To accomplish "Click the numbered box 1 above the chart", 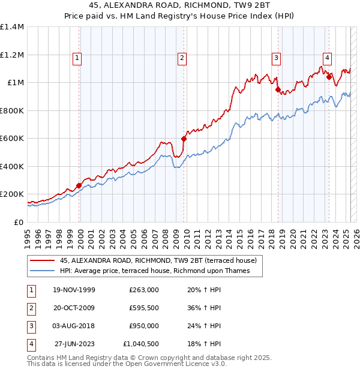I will click(78, 58).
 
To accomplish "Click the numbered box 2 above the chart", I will click(182, 58).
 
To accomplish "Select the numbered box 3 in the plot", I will click(276, 58).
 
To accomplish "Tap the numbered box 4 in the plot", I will click(328, 58).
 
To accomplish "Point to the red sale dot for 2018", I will click(278, 90).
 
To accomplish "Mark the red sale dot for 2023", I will click(329, 77).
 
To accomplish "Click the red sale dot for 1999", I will click(79, 185).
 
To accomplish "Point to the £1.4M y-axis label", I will click(12, 27).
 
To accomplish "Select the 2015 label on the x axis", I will click(240, 238).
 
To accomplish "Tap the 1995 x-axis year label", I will click(28, 238).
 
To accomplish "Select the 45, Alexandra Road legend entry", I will click(158, 260).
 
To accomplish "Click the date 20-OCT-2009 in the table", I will click(73, 308).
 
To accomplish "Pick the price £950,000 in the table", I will click(144, 326).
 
